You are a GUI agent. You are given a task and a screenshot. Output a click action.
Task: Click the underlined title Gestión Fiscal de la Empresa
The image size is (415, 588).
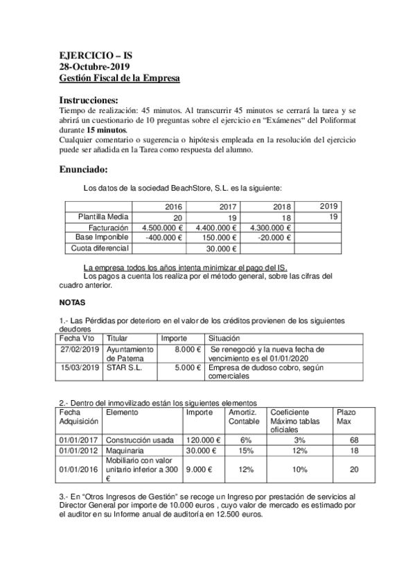coord(120,78)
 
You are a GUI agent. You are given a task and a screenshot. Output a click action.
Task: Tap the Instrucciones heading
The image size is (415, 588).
coord(89,99)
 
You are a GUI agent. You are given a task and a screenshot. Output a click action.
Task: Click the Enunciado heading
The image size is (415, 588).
coord(83,169)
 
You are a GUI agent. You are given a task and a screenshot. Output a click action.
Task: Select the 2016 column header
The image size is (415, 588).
coord(173,207)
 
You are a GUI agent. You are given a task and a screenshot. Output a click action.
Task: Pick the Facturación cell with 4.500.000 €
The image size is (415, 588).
coord(161,227)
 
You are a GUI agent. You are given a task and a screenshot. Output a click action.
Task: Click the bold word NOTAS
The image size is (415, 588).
coord(73,303)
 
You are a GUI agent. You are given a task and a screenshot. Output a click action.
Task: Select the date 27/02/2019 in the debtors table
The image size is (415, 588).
coord(80,349)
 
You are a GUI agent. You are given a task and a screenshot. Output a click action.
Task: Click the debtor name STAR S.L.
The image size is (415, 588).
coord(121,368)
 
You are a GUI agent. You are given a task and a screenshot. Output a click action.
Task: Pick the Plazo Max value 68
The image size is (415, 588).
coord(353,440)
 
